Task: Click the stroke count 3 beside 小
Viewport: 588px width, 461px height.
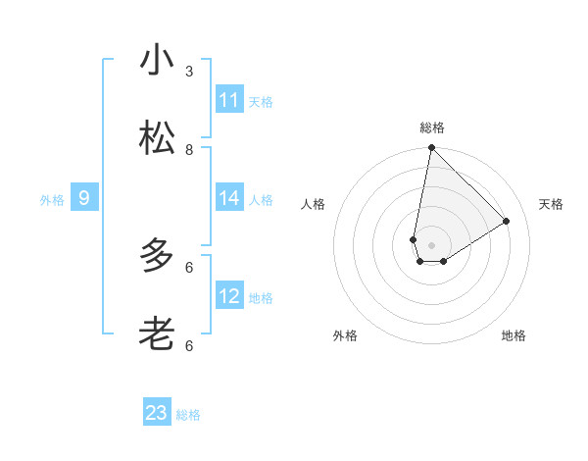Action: (x=189, y=71)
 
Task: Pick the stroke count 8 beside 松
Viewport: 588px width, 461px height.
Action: (x=189, y=149)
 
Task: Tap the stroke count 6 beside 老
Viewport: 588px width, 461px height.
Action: (x=189, y=345)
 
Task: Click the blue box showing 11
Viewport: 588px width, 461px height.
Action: (x=229, y=100)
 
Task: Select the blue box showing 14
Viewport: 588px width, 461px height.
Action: (x=229, y=198)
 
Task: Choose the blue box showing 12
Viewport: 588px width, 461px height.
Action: (x=229, y=296)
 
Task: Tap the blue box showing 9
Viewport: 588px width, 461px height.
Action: (x=84, y=198)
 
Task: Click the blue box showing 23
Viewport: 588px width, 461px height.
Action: (x=157, y=413)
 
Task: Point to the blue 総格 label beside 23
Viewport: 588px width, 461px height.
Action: (x=188, y=415)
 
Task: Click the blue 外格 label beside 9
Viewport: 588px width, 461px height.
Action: (x=52, y=200)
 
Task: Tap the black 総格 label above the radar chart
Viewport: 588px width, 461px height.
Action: (x=432, y=128)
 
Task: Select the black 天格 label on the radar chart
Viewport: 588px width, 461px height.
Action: (x=551, y=204)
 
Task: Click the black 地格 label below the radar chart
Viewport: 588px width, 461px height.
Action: (x=514, y=335)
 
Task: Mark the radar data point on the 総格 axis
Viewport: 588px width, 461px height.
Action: (x=431, y=149)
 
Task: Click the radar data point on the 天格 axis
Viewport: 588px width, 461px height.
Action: (x=507, y=221)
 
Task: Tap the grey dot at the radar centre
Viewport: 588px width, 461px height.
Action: (x=431, y=245)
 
